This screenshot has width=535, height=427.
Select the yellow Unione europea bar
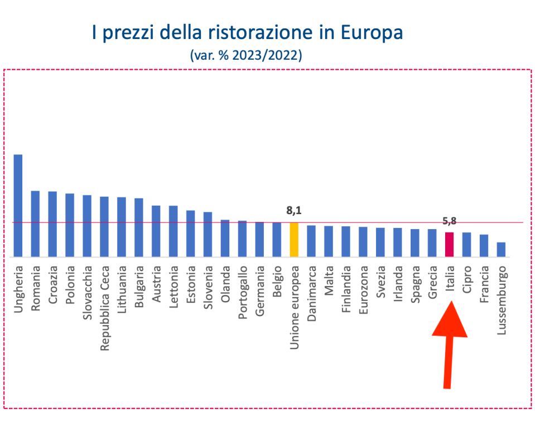click(294, 240)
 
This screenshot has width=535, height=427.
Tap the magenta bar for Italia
click(449, 245)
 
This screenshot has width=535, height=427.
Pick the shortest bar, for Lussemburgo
click(501, 250)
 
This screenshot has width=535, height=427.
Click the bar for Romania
click(35, 224)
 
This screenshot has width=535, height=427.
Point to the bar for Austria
click(156, 231)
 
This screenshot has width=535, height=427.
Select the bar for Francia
click(484, 246)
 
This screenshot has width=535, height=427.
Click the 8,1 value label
click(294, 211)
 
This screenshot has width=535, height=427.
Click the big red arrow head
click(450, 321)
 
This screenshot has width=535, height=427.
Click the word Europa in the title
click(373, 32)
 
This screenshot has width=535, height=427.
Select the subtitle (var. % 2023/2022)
click(246, 55)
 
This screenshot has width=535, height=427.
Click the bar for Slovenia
click(208, 235)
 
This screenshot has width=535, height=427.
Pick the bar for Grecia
click(432, 243)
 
